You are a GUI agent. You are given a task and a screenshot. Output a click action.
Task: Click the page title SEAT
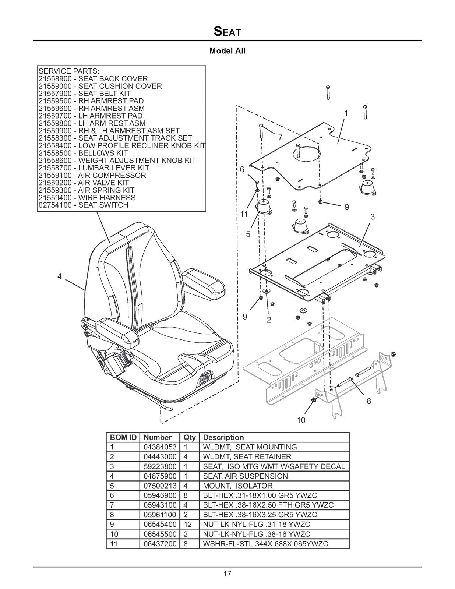[227, 32]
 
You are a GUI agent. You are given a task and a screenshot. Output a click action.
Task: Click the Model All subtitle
[227, 51]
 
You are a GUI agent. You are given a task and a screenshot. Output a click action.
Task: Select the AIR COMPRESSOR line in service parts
[92, 175]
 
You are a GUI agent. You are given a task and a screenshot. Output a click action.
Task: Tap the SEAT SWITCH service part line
[83, 205]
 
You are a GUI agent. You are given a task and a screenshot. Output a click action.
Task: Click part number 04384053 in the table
[160, 447]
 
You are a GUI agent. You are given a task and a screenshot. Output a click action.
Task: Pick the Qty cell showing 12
[188, 524]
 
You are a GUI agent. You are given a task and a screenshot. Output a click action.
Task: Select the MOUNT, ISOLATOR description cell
[238, 486]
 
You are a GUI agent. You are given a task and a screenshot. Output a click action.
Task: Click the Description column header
[223, 438]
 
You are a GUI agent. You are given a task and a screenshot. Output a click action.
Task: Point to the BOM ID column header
[123, 438]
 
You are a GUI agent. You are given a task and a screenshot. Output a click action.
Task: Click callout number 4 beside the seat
[59, 277]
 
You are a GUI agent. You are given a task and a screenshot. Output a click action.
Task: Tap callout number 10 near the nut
[301, 420]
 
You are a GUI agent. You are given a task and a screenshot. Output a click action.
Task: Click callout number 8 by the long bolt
[368, 401]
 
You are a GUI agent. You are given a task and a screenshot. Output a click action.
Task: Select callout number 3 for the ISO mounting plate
[373, 217]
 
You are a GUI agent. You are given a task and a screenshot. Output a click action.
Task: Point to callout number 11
[244, 214]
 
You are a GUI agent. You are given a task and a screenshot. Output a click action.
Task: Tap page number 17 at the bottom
[227, 573]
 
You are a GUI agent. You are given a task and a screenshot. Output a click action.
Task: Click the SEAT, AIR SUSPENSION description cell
[245, 476]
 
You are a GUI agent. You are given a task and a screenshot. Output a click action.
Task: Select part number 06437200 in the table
[160, 544]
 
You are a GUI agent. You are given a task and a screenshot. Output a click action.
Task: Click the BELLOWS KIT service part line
[83, 153]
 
